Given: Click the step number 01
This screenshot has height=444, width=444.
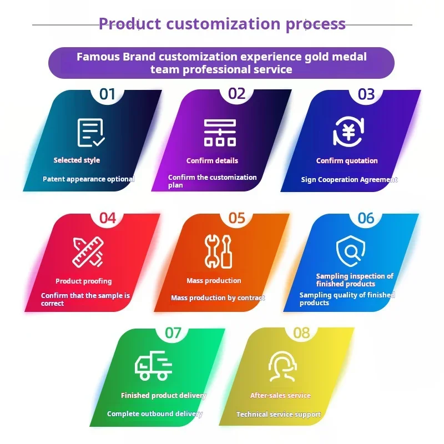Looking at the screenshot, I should click(107, 94).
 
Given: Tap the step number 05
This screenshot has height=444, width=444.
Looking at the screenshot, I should click(236, 218).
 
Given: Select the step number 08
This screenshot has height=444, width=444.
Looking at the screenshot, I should click(301, 332).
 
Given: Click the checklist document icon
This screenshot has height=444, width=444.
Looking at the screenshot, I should click(91, 133).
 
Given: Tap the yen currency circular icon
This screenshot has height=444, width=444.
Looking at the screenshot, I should click(348, 132).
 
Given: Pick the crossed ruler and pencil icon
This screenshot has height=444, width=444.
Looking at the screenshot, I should click(88, 252).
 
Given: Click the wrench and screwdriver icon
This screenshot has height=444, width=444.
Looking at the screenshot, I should click(218, 251).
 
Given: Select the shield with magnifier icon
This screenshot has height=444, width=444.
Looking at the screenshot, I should click(350, 251).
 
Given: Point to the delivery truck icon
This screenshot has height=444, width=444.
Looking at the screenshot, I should click(153, 366).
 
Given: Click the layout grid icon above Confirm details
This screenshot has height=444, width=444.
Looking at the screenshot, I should click(220, 133).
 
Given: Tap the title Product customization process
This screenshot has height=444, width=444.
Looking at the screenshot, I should click(222, 24).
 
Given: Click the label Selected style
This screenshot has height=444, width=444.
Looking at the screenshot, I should click(77, 160).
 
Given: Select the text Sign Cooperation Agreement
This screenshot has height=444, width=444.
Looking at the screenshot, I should click(349, 180).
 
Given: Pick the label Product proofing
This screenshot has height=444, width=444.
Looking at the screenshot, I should click(83, 281).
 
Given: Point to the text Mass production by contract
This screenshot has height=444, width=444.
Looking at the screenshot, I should click(218, 298).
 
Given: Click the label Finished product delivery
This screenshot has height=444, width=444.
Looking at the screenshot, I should click(163, 396).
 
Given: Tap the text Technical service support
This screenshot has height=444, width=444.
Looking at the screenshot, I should click(278, 415).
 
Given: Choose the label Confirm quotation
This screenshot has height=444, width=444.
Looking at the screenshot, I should click(347, 161).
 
